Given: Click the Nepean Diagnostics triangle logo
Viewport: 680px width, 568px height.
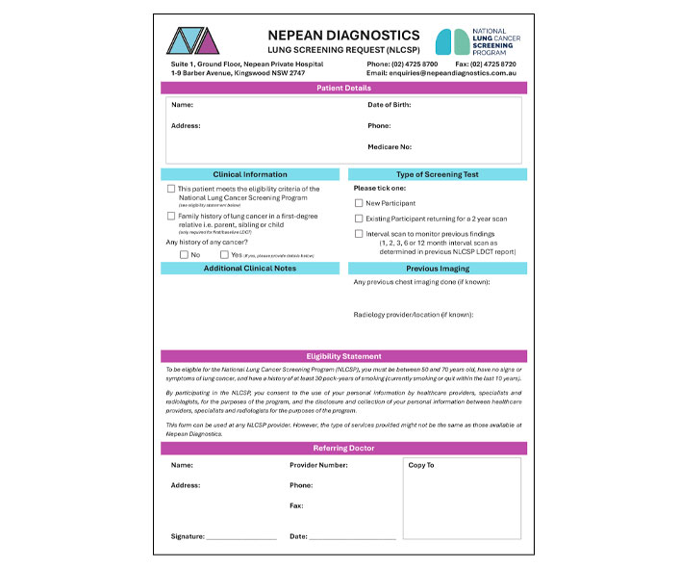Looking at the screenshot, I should [x=199, y=40].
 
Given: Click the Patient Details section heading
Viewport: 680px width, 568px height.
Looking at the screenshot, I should [x=343, y=88].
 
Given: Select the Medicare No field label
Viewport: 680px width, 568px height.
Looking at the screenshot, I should [x=390, y=147].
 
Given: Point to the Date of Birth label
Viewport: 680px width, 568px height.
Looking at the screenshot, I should [x=394, y=104].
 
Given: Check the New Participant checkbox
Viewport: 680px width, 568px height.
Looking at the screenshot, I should [x=359, y=204].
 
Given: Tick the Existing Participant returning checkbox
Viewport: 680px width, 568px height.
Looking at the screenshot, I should [x=359, y=219].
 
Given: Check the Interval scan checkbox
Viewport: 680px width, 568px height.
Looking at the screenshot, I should [x=359, y=233].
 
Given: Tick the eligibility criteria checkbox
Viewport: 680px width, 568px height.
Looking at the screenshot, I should [x=171, y=189].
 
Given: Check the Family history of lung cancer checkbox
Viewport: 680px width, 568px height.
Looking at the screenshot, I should [x=171, y=217].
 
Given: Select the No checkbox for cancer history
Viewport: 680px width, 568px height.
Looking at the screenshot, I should [x=185, y=254].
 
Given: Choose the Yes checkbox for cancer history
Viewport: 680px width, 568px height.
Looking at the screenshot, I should [x=224, y=254].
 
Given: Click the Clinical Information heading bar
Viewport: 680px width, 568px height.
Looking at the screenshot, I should [x=249, y=174].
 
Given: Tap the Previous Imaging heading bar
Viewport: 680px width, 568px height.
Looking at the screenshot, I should [x=437, y=269].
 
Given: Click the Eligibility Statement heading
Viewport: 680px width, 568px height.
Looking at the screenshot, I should [x=343, y=356].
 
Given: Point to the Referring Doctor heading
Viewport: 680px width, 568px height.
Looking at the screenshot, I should [x=343, y=449].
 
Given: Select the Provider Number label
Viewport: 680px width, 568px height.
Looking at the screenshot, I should [x=318, y=465].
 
